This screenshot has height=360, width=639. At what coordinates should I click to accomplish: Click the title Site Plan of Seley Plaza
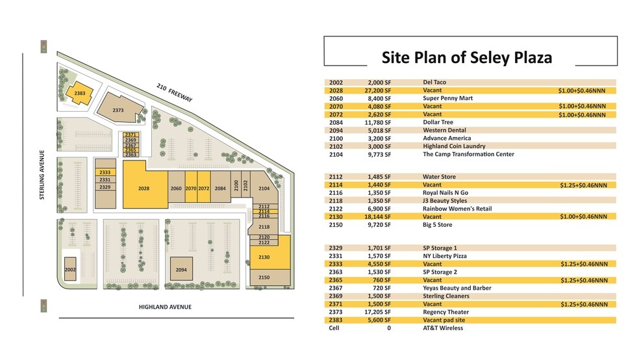[466, 57]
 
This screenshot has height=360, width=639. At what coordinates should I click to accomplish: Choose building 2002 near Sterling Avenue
[70, 268]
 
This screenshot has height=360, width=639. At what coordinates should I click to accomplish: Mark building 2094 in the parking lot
[181, 268]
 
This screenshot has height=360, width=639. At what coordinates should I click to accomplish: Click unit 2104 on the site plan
[264, 188]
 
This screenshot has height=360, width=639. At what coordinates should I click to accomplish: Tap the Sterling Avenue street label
[42, 175]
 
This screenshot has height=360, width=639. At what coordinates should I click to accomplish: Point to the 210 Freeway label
[174, 92]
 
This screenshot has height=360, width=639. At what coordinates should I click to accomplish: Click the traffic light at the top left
[44, 47]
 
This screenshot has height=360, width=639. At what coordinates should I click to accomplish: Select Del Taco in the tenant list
[434, 83]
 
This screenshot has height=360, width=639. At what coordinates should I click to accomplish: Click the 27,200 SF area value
[379, 90]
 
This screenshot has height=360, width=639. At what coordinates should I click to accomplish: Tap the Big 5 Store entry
[437, 225]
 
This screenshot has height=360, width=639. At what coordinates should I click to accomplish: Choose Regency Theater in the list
[445, 312]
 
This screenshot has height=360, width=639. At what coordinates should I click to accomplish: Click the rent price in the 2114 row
[583, 185]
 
